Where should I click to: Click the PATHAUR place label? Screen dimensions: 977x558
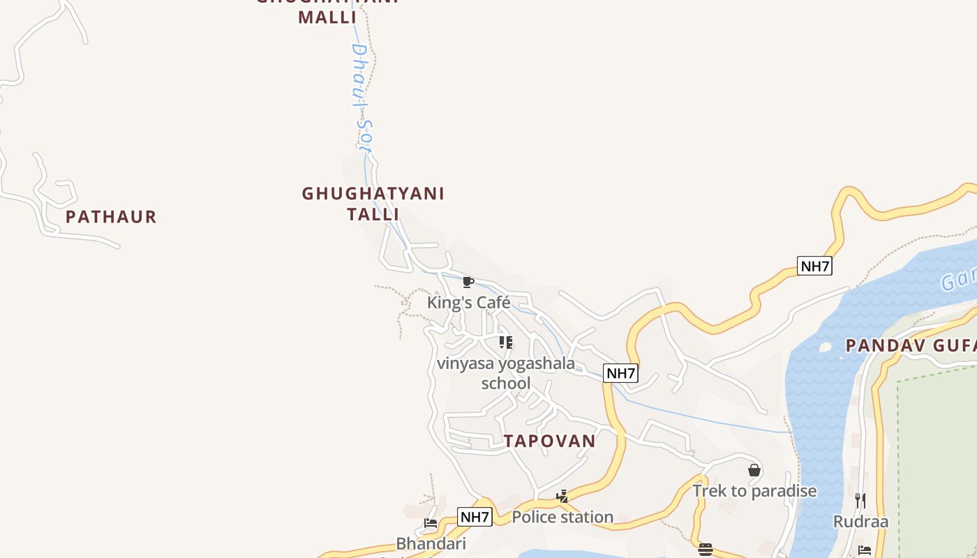111,217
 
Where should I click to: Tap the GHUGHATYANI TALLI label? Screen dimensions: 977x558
373,203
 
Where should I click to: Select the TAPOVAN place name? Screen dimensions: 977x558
550,441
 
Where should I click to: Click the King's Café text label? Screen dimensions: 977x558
468,303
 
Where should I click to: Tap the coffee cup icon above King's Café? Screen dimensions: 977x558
468,282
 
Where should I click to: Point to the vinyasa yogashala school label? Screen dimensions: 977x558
506,373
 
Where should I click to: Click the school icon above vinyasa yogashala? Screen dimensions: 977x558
506,342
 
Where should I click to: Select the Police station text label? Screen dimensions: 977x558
562,517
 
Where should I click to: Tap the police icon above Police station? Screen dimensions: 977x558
562,497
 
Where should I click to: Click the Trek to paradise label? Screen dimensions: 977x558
754,491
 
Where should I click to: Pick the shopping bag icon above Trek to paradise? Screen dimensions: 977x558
754,471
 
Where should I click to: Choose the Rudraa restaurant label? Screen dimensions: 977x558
860,522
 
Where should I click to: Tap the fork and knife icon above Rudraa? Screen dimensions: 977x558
860,500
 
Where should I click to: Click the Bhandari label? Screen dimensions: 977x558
431,543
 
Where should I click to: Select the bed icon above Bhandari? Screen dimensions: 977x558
431,523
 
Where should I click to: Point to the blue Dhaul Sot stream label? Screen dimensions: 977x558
361,98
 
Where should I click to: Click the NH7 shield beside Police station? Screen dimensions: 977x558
475,517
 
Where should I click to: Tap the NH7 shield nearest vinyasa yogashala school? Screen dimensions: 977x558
620,373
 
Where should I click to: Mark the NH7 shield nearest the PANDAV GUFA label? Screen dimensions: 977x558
814,266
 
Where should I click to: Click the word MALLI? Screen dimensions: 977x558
327,17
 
